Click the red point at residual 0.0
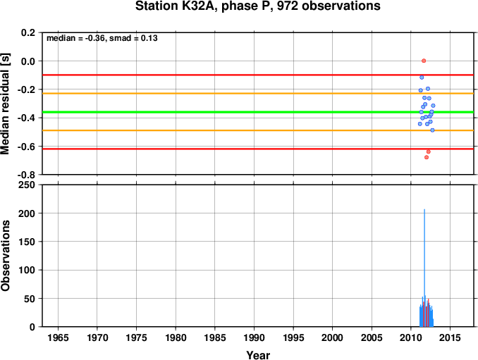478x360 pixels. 424,61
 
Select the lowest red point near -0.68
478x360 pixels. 427,157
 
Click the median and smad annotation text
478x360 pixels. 102,38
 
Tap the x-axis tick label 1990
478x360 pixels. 254,337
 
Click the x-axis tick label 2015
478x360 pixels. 450,337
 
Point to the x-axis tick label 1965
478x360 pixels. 58,337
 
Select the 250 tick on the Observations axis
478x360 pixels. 27,185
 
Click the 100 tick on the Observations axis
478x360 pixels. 27,270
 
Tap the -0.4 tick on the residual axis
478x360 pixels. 26,118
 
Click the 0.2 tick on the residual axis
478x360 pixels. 28,32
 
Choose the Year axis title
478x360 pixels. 258,355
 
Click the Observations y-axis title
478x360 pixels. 6,256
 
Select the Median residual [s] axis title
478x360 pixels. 6,104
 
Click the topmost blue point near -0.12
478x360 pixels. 422,77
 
